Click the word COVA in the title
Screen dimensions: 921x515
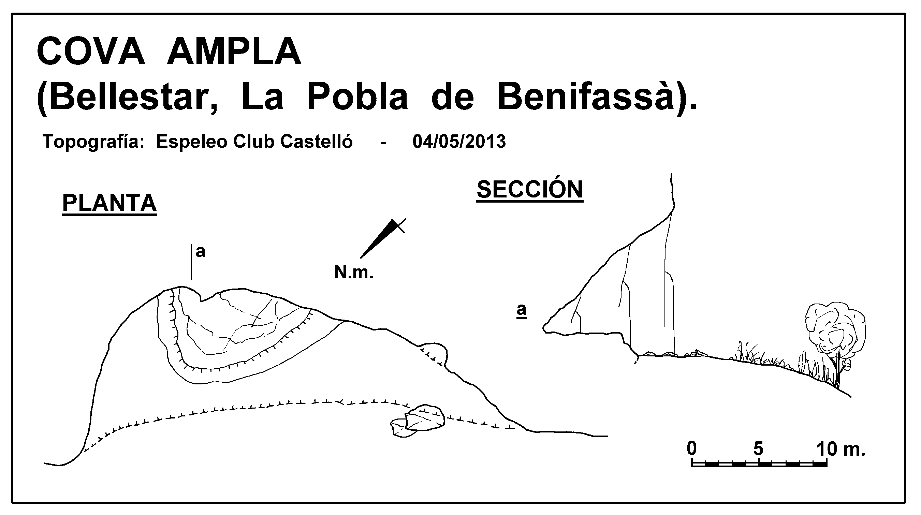[91, 51]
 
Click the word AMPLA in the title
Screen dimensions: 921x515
[234, 51]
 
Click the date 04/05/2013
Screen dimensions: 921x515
[459, 142]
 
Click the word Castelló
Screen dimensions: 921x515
[317, 141]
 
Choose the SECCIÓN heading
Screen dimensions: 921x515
[530, 189]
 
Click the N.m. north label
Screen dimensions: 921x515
[354, 273]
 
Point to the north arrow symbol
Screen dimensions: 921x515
[382, 238]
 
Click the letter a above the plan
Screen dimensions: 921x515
[201, 252]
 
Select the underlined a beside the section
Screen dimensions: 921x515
[522, 310]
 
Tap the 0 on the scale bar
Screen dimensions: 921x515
[692, 448]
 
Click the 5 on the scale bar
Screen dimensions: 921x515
[758, 449]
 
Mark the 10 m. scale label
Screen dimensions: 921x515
[841, 449]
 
